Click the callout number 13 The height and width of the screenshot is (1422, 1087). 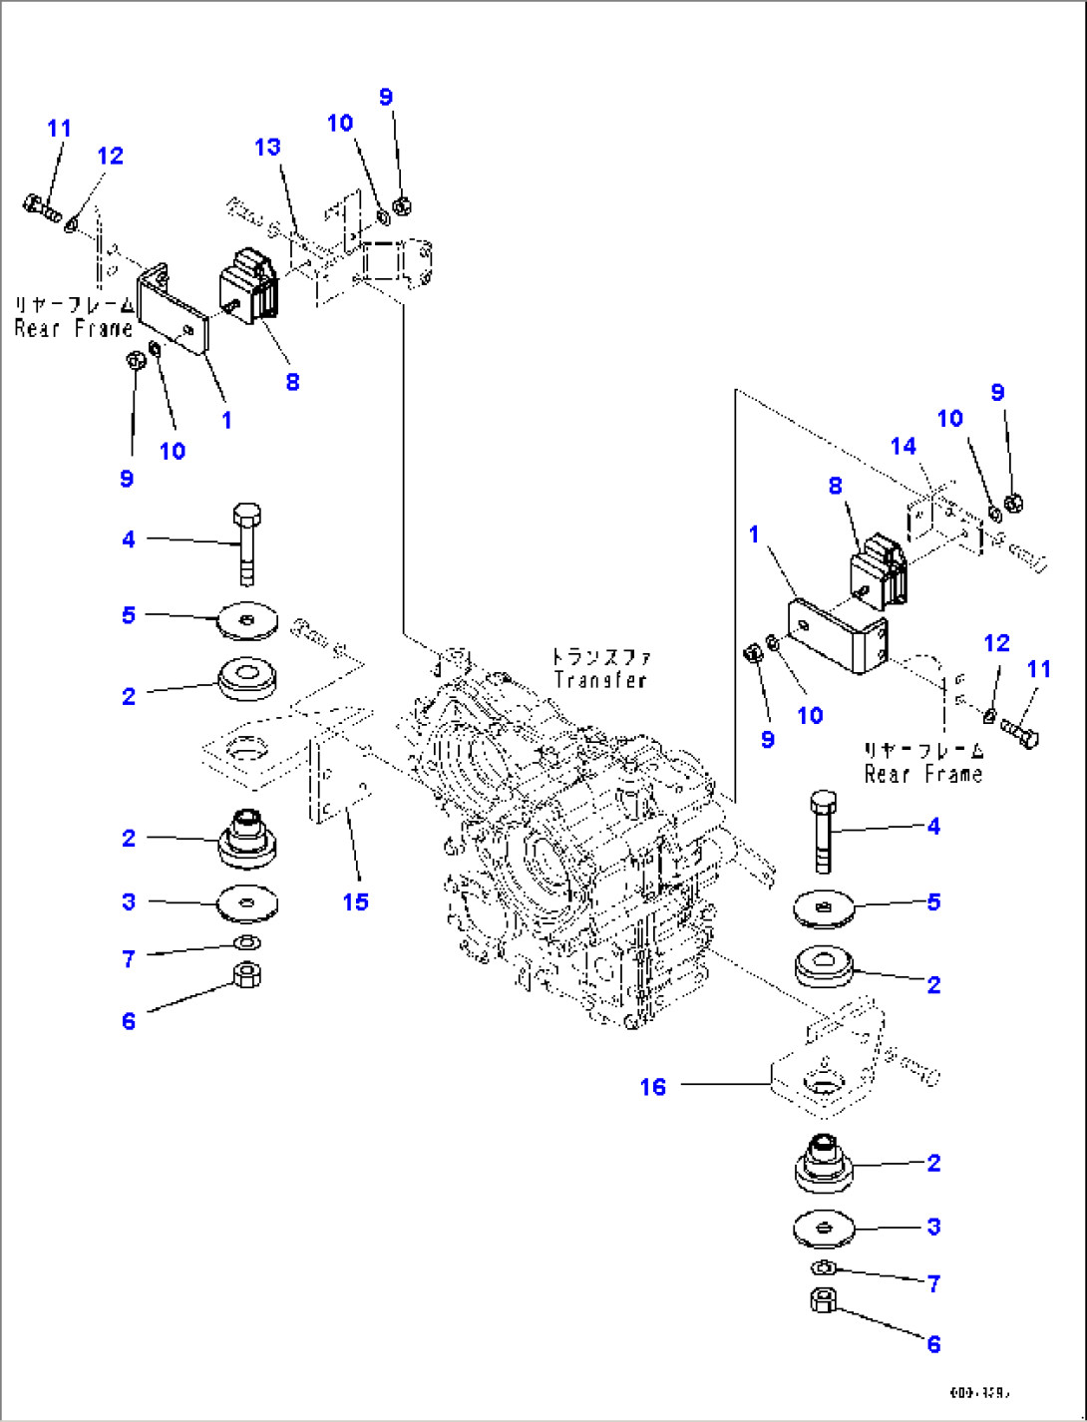pyautogui.click(x=267, y=148)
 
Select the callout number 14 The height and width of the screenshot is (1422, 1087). pyautogui.click(x=903, y=446)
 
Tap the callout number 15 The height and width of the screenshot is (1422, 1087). pyautogui.click(x=355, y=901)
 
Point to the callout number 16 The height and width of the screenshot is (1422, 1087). pyautogui.click(x=652, y=1087)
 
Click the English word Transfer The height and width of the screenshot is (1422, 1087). pyautogui.click(x=600, y=680)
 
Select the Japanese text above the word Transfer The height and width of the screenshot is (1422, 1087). pyautogui.click(x=600, y=657)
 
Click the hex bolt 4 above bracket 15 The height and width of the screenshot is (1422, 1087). pyautogui.click(x=245, y=543)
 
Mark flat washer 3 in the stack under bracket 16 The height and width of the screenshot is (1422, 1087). pyautogui.click(x=824, y=1229)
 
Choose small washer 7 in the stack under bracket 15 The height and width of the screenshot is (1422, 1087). pyautogui.click(x=247, y=943)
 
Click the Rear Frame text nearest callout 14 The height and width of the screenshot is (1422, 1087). pyautogui.click(x=922, y=774)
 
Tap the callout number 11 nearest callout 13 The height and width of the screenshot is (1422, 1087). pyautogui.click(x=59, y=129)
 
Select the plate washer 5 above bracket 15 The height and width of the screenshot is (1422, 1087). pyautogui.click(x=247, y=621)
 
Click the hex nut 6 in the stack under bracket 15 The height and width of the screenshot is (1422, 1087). pyautogui.click(x=246, y=973)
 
